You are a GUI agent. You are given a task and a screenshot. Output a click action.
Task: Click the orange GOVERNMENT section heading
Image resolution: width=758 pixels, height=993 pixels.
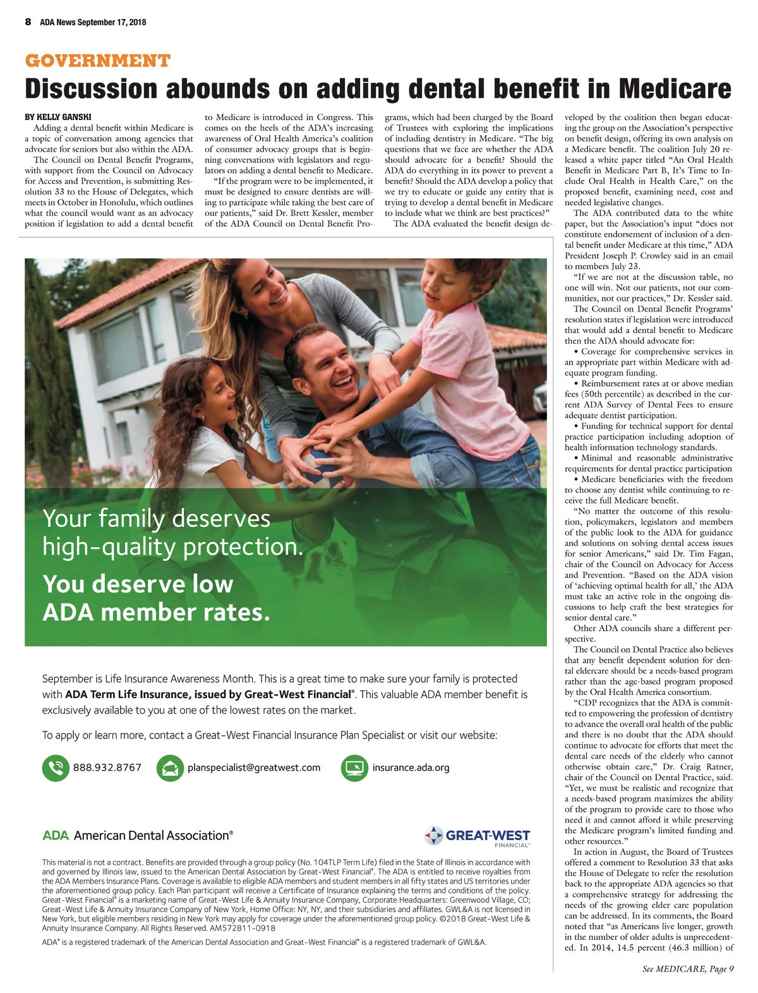(97, 61)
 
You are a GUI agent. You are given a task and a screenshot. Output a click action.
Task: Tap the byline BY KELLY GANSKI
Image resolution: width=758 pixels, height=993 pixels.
(58, 117)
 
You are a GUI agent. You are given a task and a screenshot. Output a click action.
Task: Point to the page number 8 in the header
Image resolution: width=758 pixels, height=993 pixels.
(28, 22)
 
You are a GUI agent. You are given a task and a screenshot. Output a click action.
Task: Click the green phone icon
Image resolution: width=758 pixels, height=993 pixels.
(56, 767)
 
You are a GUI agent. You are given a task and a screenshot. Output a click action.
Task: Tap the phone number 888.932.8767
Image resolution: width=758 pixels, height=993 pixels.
(107, 767)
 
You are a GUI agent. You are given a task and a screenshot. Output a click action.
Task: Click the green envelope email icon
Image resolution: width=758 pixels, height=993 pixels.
(169, 767)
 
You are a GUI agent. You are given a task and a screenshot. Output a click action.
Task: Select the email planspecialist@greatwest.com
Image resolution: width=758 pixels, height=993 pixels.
(254, 767)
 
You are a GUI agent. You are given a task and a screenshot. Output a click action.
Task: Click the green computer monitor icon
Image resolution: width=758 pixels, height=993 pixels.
(354, 767)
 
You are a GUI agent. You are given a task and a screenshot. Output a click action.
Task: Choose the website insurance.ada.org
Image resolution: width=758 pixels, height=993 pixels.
(411, 767)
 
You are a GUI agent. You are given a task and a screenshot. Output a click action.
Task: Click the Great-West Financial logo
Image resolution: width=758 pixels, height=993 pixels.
(478, 836)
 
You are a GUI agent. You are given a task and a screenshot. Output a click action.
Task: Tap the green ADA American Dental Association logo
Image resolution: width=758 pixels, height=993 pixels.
(138, 835)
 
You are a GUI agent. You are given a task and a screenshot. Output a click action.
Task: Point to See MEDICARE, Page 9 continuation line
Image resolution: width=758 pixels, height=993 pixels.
(688, 969)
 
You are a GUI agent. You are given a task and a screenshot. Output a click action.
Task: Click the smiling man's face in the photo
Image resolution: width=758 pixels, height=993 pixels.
(327, 370)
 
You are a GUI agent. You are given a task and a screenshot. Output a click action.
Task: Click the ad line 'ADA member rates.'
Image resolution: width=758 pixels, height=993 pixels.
(156, 612)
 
